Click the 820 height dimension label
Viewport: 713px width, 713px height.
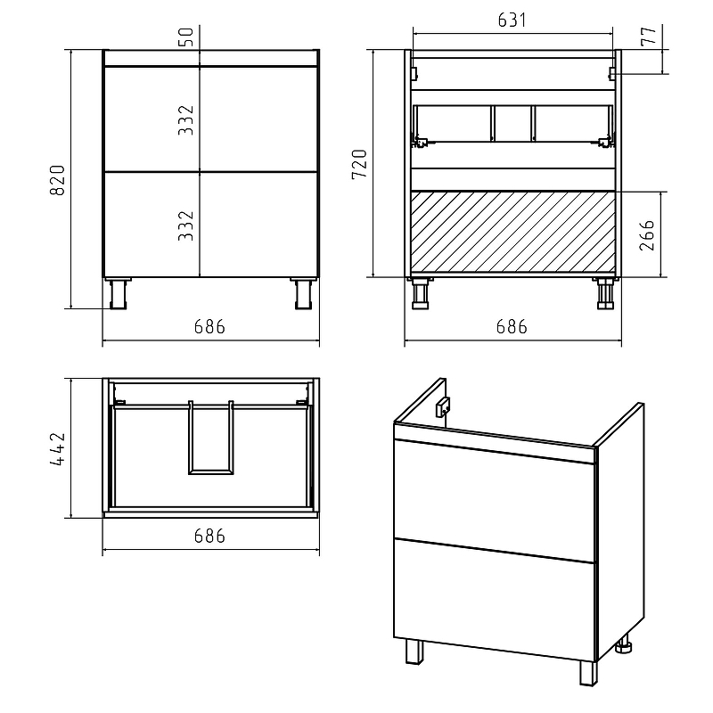(x=57, y=180)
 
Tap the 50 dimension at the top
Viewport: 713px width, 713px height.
(x=186, y=37)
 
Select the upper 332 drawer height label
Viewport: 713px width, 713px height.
(x=186, y=120)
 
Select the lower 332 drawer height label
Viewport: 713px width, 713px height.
(x=186, y=225)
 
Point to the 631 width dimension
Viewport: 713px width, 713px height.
(x=512, y=20)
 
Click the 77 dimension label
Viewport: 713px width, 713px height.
(x=649, y=36)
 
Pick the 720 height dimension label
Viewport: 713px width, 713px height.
(x=359, y=164)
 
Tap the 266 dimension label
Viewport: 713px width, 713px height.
(x=647, y=235)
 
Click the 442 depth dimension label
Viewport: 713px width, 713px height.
(x=58, y=449)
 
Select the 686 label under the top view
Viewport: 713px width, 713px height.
(x=209, y=537)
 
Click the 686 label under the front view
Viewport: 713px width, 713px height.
(x=209, y=327)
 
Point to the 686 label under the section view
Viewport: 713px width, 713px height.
(x=512, y=327)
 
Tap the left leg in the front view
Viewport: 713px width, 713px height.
(x=117, y=294)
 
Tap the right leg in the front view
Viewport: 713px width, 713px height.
(x=303, y=294)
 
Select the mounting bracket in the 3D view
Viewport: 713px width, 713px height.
(x=443, y=406)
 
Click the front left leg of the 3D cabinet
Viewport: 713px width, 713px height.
(x=414, y=652)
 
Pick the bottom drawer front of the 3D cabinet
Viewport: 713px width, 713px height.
(x=495, y=599)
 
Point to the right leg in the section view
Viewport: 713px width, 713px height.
(x=605, y=294)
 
